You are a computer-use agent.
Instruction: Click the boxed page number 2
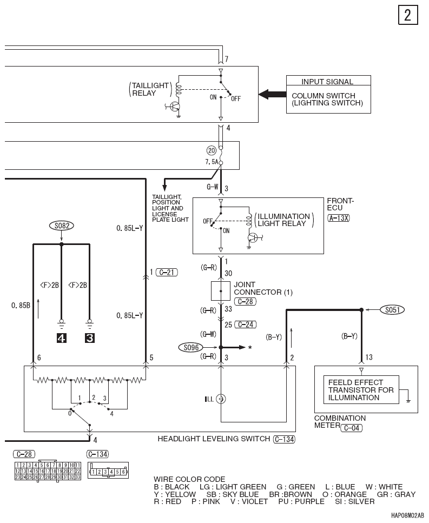pos(408,15)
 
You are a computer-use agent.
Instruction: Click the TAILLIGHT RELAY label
pos(150,89)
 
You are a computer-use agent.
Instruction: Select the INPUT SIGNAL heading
pos(327,82)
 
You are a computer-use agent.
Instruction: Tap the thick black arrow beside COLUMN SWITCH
pos(272,95)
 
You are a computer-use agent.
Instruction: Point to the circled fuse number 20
pos(212,150)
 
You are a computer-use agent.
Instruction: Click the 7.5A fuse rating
pos(212,162)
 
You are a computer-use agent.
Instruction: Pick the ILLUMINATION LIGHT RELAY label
pos(284,220)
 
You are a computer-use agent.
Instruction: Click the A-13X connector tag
pos(339,218)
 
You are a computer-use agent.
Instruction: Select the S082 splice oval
pos(62,226)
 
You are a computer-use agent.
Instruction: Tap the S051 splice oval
pos(392,310)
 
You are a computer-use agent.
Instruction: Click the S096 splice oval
pos(191,348)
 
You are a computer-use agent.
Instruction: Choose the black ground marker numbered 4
pos(61,338)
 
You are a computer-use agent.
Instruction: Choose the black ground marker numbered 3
pos(90,338)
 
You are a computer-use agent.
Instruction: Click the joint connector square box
pos(221,291)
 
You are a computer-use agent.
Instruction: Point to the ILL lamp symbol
pos(221,399)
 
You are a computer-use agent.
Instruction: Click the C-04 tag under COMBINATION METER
pos(351,428)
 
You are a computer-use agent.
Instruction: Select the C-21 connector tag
pos(167,273)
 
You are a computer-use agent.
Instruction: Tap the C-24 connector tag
pos(246,325)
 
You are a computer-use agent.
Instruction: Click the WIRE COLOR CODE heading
pos(189,479)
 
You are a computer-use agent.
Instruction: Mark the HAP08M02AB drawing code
pos(407,515)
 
